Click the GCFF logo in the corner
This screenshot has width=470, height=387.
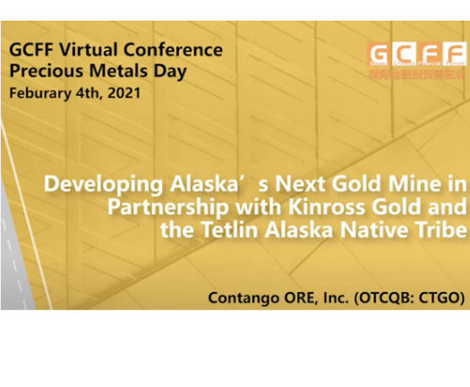416,59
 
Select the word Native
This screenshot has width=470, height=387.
365,231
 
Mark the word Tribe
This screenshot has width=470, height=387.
434,231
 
